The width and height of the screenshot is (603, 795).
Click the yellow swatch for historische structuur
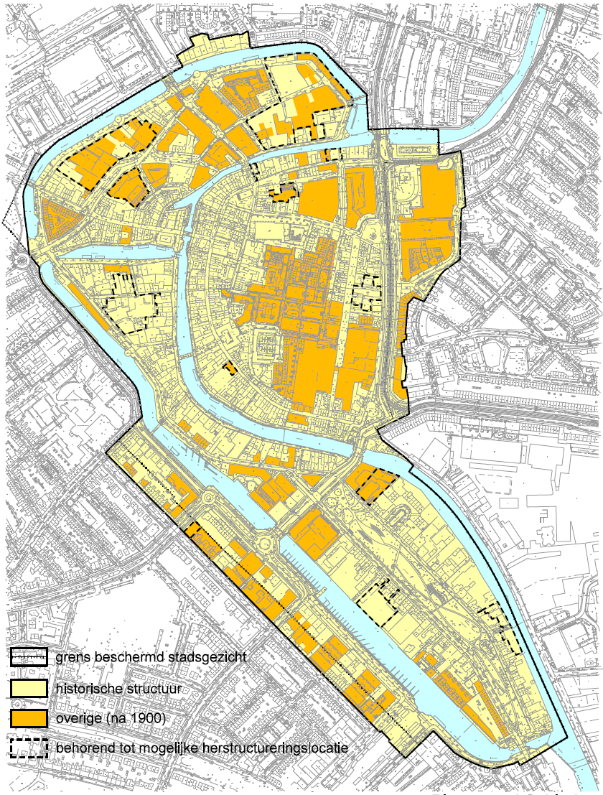28,689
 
